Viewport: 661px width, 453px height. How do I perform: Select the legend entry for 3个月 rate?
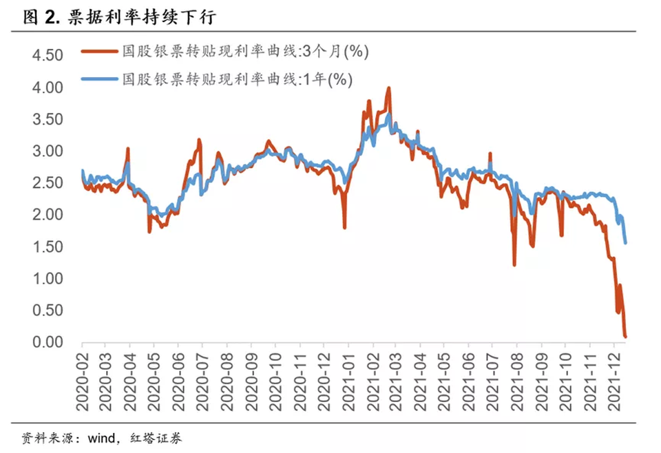(x=227, y=52)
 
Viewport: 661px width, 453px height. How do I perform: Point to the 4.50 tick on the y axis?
(x=48, y=56)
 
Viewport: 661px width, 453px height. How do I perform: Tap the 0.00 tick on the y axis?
(x=48, y=342)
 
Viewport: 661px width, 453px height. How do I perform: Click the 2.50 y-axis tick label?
(x=48, y=183)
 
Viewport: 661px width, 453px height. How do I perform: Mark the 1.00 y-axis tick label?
(x=48, y=279)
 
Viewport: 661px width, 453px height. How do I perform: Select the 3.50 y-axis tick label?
(x=48, y=119)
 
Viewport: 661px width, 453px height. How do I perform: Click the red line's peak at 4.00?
(x=389, y=88)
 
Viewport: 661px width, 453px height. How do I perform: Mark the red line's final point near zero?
(x=625, y=337)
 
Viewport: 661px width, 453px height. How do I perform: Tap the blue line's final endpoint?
(x=625, y=242)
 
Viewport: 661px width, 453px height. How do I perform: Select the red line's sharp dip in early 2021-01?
(x=344, y=227)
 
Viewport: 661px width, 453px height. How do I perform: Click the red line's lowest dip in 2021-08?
(x=514, y=264)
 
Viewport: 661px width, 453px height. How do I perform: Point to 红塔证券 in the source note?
(x=159, y=438)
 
